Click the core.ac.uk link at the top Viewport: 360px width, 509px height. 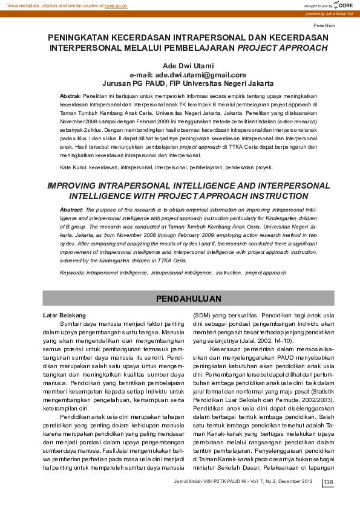coord(116,5)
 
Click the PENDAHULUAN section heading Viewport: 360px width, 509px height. coord(188,299)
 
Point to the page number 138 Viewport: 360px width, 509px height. coord(329,481)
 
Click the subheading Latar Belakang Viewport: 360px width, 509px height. coord(64,316)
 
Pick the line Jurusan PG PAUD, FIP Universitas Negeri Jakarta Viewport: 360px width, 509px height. coord(189,83)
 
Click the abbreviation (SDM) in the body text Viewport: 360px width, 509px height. coord(201,316)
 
